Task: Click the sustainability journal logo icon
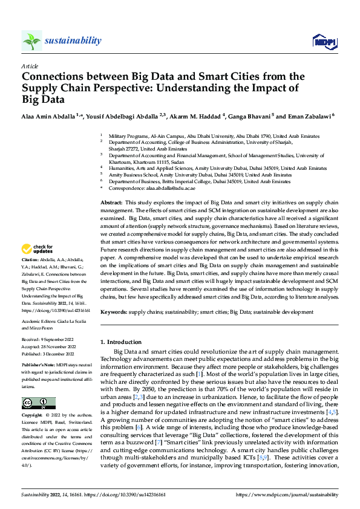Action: pos(31,41)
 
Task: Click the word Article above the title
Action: pos(30,66)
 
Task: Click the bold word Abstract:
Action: pos(111,202)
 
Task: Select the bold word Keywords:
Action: pos(113,312)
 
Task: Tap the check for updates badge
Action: pos(38,249)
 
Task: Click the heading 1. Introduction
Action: pos(121,342)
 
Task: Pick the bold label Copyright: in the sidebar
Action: pos(33,416)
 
